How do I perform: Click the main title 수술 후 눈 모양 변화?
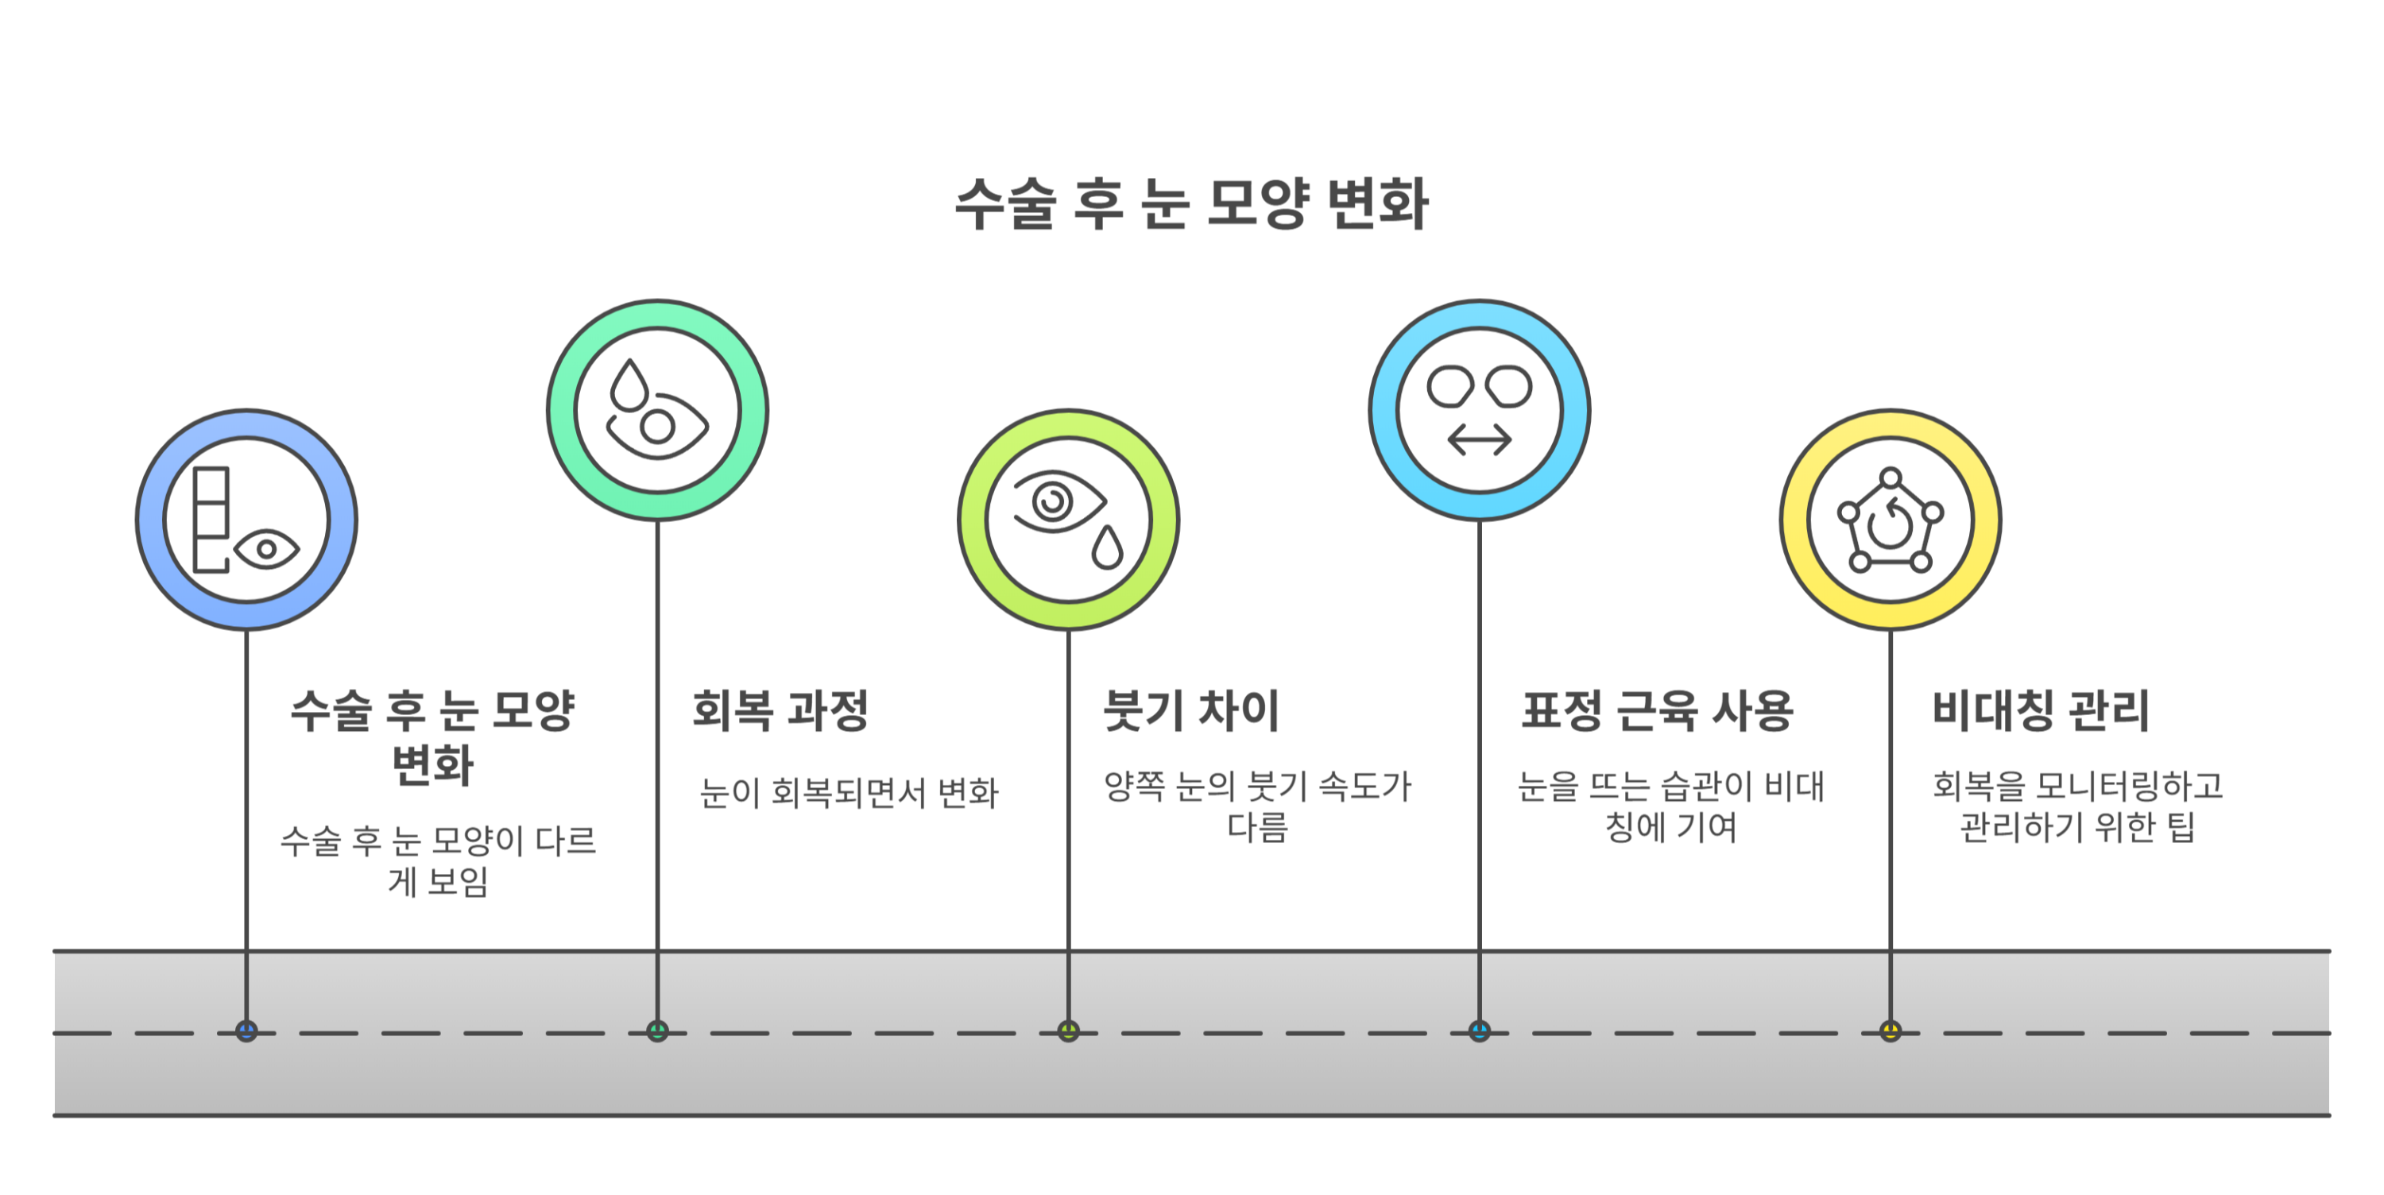pos(1191,203)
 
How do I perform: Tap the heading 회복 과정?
pos(780,711)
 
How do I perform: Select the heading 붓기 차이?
pos(1191,711)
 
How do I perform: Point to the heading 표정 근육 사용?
pos(1658,711)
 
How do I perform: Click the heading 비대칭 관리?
pos(2041,711)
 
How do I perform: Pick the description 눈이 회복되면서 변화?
pos(849,793)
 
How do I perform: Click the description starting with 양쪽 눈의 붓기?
pos(1257,806)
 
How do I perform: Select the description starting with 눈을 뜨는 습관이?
pos(1670,806)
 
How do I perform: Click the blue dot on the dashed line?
pos(246,1031)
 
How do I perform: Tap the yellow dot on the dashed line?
pos(1890,1031)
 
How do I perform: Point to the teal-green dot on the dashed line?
pos(657,1031)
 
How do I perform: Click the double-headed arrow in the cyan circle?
pos(1479,439)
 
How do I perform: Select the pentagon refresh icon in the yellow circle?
pos(1890,522)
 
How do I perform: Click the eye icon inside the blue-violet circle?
pos(266,550)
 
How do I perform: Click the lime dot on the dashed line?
pos(1068,1031)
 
